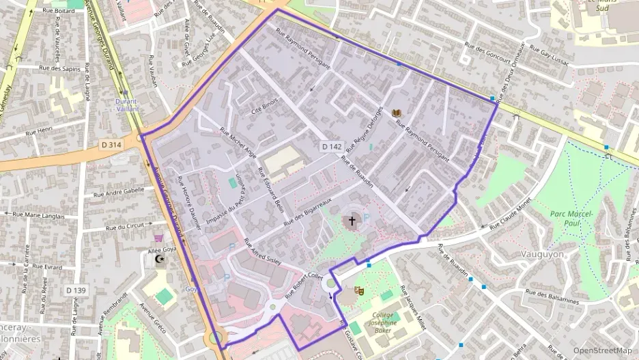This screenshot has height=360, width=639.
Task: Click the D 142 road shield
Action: click(x=331, y=147)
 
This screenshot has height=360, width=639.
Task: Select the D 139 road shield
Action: click(x=76, y=290)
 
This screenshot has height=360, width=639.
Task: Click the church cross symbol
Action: click(x=352, y=220)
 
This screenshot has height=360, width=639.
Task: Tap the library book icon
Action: click(x=397, y=112)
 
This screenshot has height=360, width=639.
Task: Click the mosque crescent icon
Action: click(x=160, y=260)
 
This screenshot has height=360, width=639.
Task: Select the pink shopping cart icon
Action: click(x=158, y=238)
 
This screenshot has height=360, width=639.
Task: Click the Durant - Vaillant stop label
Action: click(x=126, y=105)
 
